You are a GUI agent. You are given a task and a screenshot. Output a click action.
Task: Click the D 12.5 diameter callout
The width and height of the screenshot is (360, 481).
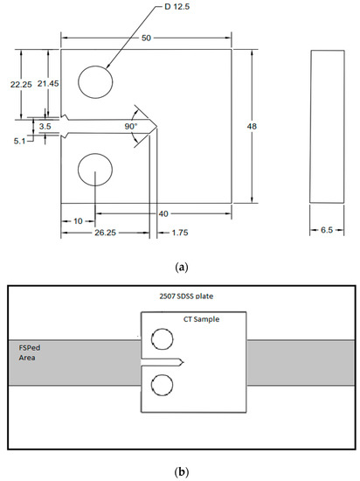point(177,6)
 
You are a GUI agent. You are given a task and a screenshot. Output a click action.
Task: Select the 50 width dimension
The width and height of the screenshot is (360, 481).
point(146,38)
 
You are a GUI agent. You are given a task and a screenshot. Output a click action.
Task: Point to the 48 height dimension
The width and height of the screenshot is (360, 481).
point(252,126)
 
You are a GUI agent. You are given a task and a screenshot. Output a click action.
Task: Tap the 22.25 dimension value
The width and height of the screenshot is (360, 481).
point(21,84)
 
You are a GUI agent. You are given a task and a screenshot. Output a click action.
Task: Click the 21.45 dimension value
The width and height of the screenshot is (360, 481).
point(48,83)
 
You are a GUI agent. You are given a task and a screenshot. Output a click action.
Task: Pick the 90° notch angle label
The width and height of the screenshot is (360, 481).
point(131,127)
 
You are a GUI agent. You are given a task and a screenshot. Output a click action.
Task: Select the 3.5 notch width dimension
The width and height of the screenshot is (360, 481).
point(45,126)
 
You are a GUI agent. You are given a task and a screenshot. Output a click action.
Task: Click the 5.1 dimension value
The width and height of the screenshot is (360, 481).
point(19,142)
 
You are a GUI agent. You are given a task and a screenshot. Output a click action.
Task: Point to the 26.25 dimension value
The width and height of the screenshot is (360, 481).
point(105,233)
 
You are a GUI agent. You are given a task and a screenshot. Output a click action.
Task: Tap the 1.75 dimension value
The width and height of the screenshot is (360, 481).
point(180,233)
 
